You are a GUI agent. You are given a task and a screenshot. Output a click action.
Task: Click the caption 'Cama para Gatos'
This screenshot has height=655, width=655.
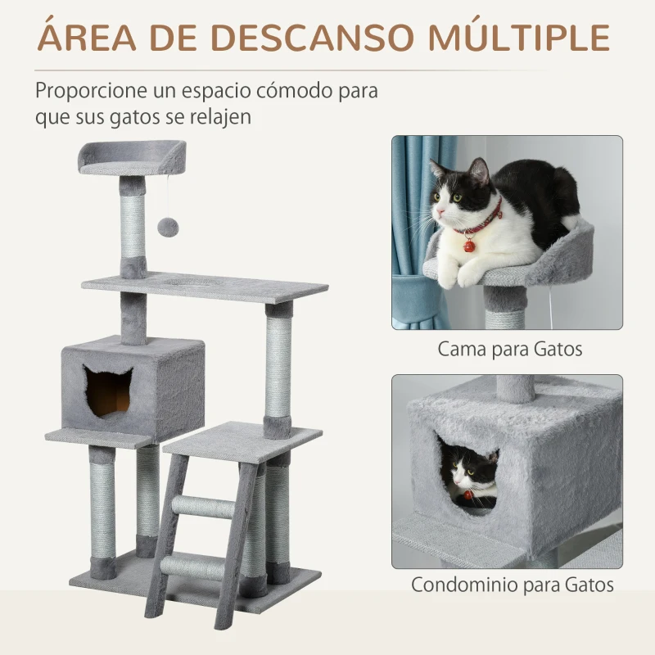coord(509,349)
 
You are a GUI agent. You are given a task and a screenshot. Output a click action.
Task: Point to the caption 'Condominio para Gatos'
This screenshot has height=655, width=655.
coord(512,585)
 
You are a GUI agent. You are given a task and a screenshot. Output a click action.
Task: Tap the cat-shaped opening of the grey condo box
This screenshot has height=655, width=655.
coord(108,391)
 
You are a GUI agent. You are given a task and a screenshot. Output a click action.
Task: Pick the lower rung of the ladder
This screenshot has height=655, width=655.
coord(195,565)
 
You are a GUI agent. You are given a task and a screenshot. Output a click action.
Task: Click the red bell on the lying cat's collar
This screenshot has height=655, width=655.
coord(469,244)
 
